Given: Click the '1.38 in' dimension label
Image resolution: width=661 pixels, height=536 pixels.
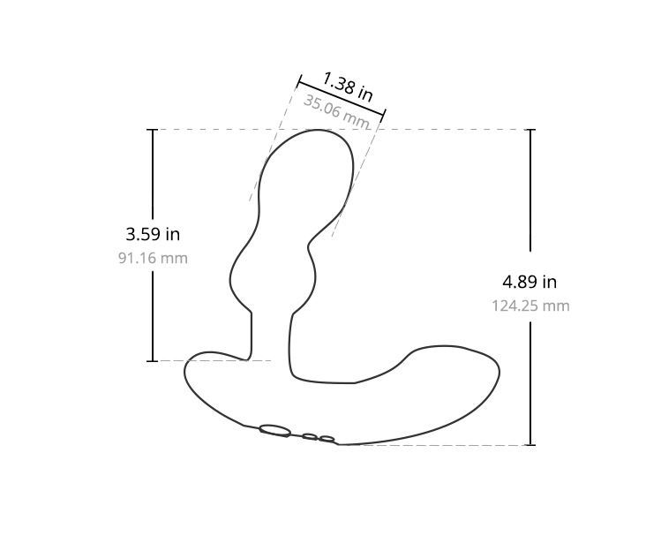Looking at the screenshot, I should coord(347,87).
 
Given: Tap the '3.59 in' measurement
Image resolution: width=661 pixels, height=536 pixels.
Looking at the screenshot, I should coord(153,234).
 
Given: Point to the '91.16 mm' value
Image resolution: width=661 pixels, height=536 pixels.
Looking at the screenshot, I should coord(153,258).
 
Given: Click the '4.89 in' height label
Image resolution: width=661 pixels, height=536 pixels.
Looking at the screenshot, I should coord(530,282).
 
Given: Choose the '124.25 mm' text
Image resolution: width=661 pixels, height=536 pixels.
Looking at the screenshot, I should coord(530,306).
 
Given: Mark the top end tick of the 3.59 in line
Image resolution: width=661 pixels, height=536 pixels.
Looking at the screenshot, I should coord(153,130).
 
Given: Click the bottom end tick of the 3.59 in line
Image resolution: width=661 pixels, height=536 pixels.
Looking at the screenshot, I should coord(153,360).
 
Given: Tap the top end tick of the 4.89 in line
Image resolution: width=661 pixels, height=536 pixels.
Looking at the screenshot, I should coord(530,130).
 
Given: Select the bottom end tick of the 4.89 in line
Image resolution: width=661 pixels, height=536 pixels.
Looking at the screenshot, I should coord(530,444).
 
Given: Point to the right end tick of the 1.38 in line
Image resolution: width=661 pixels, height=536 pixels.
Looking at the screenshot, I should coord(384,114).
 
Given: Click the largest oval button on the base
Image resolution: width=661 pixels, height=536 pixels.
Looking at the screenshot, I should coord(275,431).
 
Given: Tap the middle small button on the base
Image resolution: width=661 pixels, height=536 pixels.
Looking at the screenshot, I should coord(310,436).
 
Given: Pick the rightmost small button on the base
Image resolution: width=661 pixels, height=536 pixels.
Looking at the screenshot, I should coord(327,439).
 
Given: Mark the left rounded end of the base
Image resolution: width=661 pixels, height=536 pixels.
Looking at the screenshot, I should coord(186,375).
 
